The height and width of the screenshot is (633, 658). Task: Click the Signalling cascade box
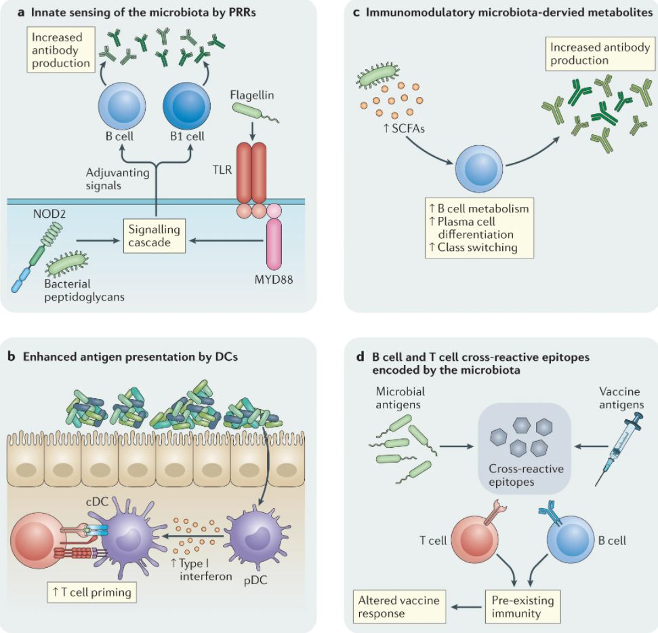(x=155, y=235)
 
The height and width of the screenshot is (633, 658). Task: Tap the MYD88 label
(x=274, y=280)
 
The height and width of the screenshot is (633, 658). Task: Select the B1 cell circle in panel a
(x=187, y=106)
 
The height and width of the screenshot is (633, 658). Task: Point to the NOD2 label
(x=49, y=214)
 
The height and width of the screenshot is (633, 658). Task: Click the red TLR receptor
(x=251, y=173)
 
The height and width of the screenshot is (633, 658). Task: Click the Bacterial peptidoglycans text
(x=84, y=290)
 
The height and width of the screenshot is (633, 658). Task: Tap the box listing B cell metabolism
(x=479, y=228)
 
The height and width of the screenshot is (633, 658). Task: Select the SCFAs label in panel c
(x=404, y=128)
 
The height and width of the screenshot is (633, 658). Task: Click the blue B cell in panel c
(x=479, y=169)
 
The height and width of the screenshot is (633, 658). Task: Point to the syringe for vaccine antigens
(x=618, y=448)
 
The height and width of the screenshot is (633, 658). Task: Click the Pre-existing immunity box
(x=523, y=607)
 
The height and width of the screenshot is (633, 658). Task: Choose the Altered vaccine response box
(x=399, y=607)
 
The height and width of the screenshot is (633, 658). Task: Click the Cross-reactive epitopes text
(x=527, y=475)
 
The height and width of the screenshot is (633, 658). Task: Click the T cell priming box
(x=92, y=592)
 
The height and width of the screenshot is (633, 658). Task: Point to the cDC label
(x=97, y=501)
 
